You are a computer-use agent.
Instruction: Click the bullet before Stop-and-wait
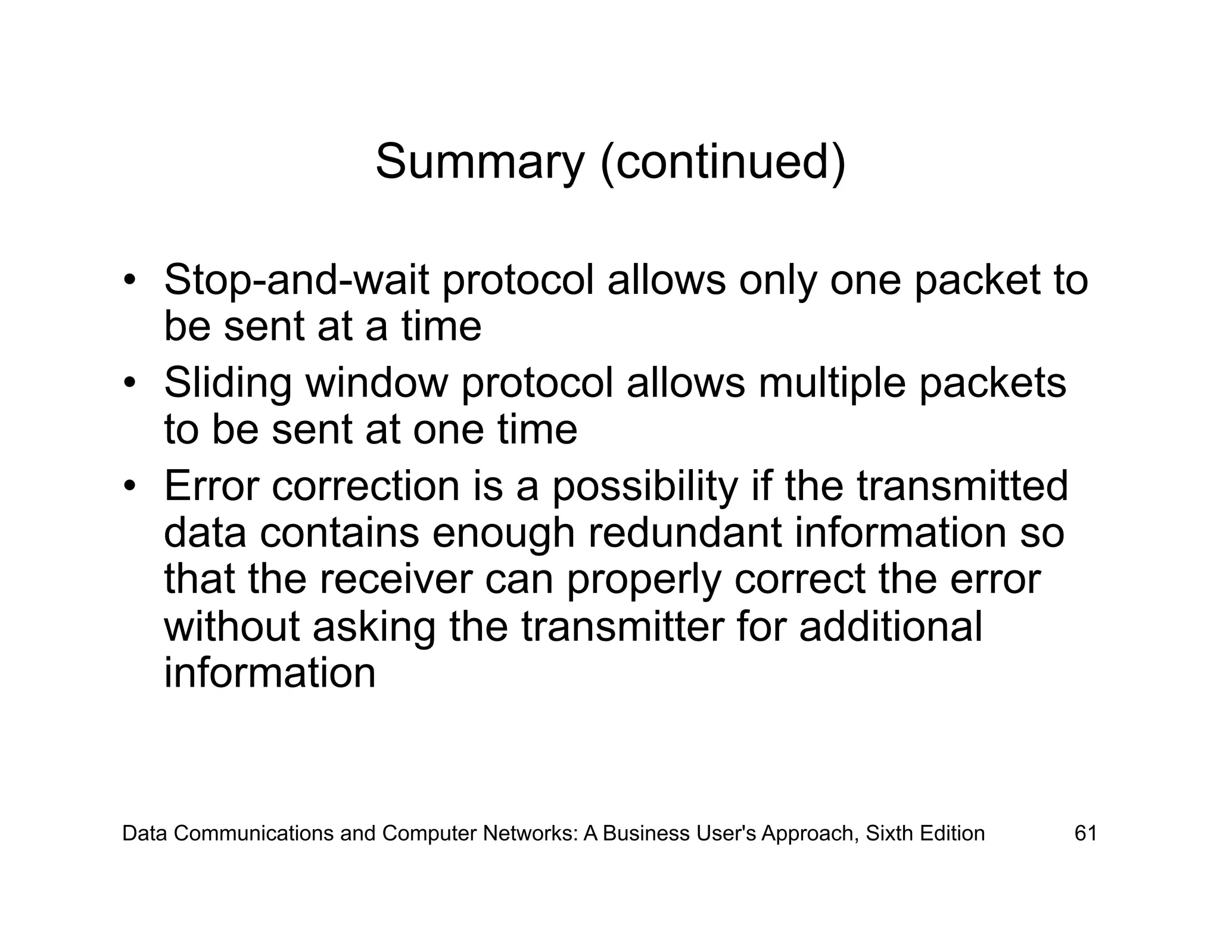click(x=129, y=279)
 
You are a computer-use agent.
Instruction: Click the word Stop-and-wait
click(x=296, y=279)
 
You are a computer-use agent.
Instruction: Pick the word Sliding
click(x=228, y=383)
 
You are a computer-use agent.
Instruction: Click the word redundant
click(x=684, y=532)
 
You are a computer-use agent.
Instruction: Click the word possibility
click(x=645, y=486)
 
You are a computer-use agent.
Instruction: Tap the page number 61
click(x=1085, y=833)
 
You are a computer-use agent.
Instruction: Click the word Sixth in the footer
click(x=889, y=833)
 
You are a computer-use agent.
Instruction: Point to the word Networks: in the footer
click(x=531, y=833)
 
